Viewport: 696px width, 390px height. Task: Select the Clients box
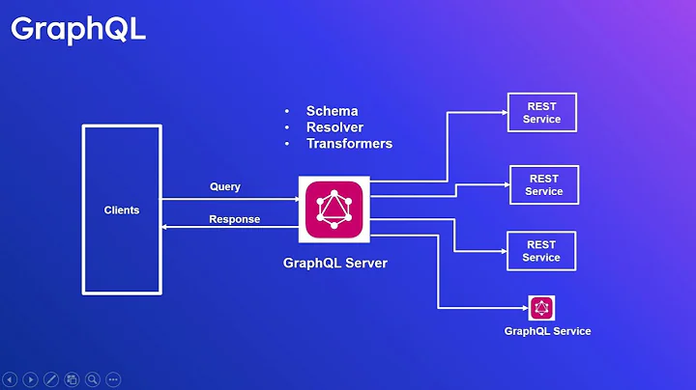(x=122, y=209)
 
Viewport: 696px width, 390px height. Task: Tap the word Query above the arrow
(x=225, y=186)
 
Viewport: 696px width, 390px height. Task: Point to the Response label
(x=234, y=219)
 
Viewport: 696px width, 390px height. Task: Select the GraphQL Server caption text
(x=334, y=262)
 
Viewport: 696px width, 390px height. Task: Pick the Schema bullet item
(x=332, y=111)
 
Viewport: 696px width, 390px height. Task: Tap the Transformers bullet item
(x=349, y=144)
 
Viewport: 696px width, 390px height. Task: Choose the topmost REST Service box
(x=541, y=113)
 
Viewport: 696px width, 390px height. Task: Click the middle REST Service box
(x=543, y=185)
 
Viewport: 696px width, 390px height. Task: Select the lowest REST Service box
(x=541, y=251)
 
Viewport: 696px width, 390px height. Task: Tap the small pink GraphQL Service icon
(x=541, y=308)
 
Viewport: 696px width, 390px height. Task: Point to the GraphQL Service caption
(x=547, y=331)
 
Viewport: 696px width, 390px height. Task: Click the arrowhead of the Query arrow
(x=296, y=199)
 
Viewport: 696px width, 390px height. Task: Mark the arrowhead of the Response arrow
(x=165, y=227)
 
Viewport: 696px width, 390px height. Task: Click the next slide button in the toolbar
(x=30, y=379)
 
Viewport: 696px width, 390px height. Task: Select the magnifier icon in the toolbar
(x=93, y=379)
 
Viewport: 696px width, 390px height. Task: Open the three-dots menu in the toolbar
(x=113, y=379)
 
